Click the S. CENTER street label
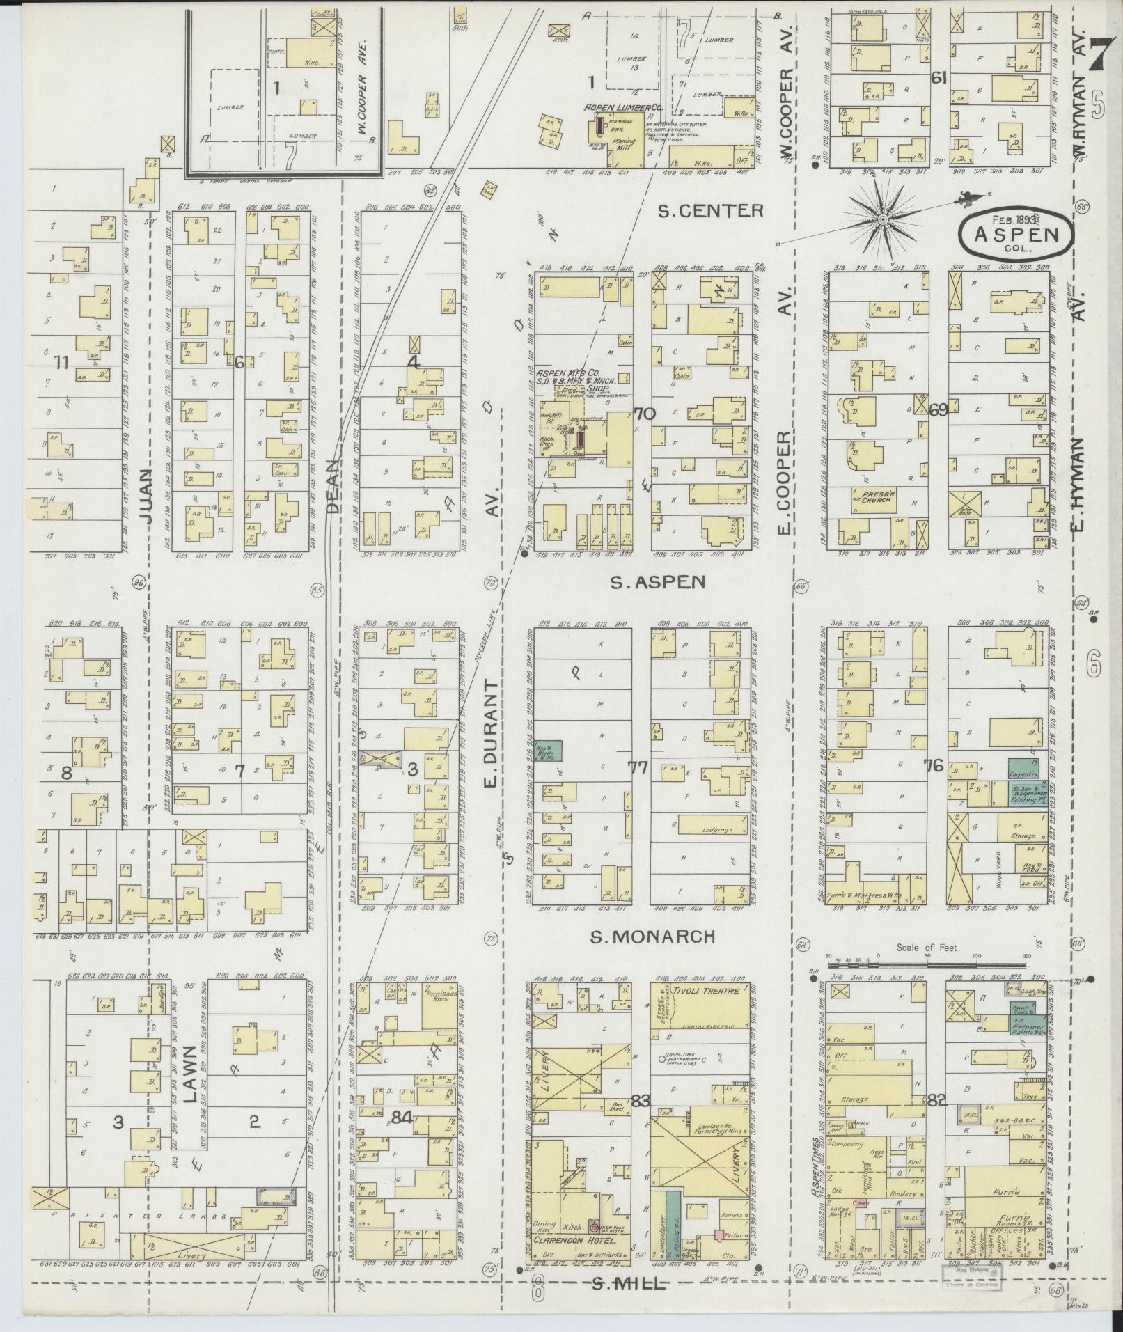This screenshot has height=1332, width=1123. pyautogui.click(x=710, y=211)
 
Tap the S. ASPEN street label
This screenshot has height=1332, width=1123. pyautogui.click(x=658, y=582)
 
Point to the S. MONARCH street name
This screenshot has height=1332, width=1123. pyautogui.click(x=652, y=937)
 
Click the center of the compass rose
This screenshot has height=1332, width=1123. pyautogui.click(x=882, y=219)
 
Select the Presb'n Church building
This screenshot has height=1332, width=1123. pyautogui.click(x=875, y=497)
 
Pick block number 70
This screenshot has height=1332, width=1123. pyautogui.click(x=644, y=414)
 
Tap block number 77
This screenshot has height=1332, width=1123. pyautogui.click(x=637, y=769)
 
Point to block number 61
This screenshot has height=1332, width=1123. pyautogui.click(x=939, y=78)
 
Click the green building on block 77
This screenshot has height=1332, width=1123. pyautogui.click(x=549, y=750)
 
